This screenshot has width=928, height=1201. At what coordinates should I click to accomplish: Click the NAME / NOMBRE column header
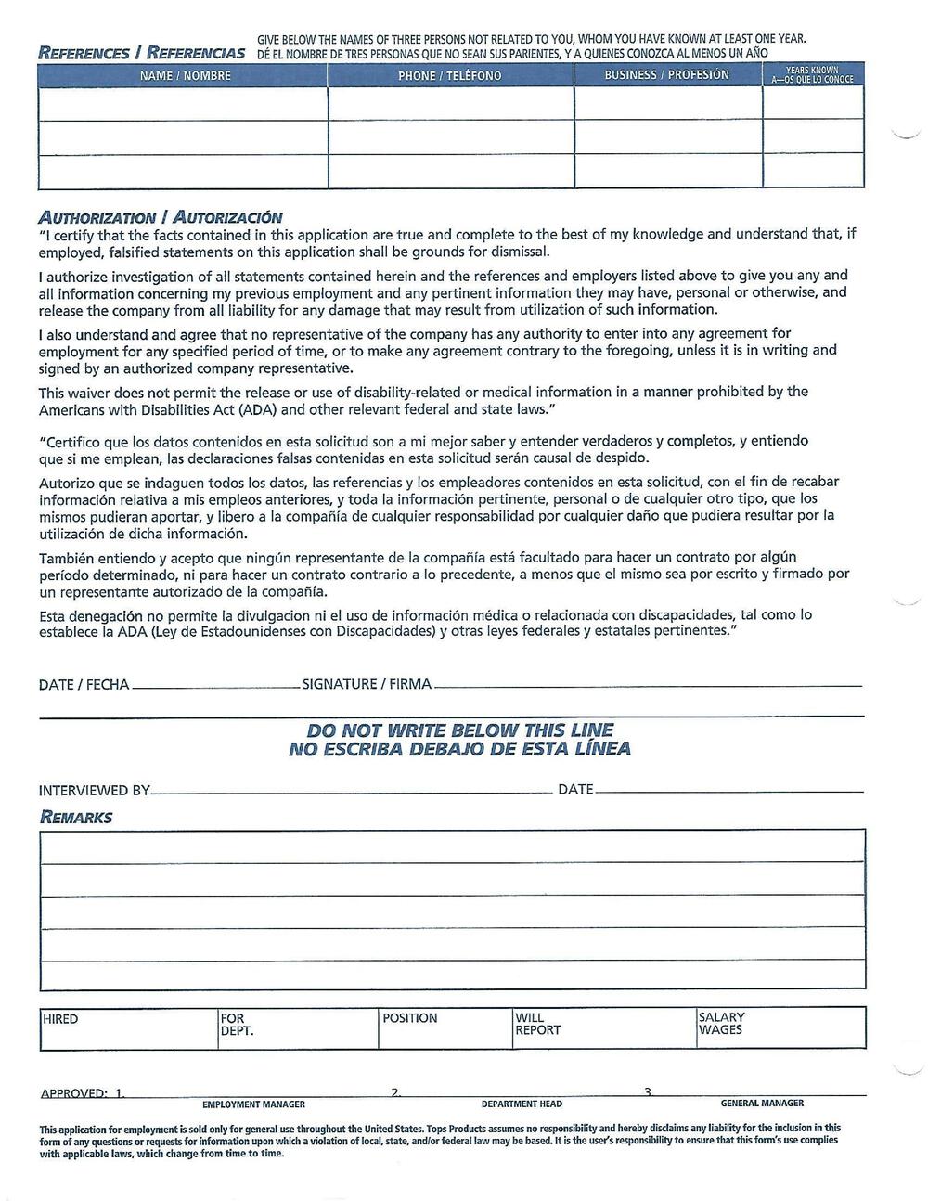pyautogui.click(x=185, y=75)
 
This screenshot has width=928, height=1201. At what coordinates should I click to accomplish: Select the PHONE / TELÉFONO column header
pyautogui.click(x=450, y=75)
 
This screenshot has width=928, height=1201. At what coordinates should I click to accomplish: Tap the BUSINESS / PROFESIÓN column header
pyautogui.click(x=666, y=74)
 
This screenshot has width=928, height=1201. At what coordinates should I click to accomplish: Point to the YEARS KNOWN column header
pyautogui.click(x=812, y=75)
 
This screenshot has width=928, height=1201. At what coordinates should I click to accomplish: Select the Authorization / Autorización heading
pyautogui.click(x=161, y=217)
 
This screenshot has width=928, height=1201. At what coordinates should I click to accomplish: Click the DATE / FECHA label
pyautogui.click(x=84, y=685)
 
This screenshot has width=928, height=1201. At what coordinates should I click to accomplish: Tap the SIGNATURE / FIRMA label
pyautogui.click(x=367, y=685)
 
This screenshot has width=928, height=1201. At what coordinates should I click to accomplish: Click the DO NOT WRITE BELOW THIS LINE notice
pyautogui.click(x=460, y=730)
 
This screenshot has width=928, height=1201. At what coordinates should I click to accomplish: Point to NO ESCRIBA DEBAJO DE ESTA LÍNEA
pyautogui.click(x=460, y=749)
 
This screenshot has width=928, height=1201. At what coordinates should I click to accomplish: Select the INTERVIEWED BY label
pyautogui.click(x=94, y=791)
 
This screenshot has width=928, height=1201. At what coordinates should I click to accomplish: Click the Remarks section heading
pyautogui.click(x=76, y=817)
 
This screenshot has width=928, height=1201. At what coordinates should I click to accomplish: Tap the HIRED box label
pyautogui.click(x=61, y=1019)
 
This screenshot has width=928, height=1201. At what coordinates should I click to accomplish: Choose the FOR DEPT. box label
pyautogui.click(x=237, y=1025)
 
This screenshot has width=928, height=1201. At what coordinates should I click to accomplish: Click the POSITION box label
pyautogui.click(x=409, y=1018)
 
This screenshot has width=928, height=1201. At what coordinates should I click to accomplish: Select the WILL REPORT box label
pyautogui.click(x=537, y=1024)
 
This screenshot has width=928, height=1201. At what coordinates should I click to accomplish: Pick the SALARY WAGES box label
pyautogui.click(x=721, y=1024)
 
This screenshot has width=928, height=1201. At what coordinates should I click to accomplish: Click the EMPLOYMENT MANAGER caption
pyautogui.click(x=253, y=1104)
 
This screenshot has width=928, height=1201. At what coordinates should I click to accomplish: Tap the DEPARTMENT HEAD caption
pyautogui.click(x=522, y=1104)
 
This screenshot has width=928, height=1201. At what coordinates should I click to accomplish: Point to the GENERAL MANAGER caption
pyautogui.click(x=762, y=1104)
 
